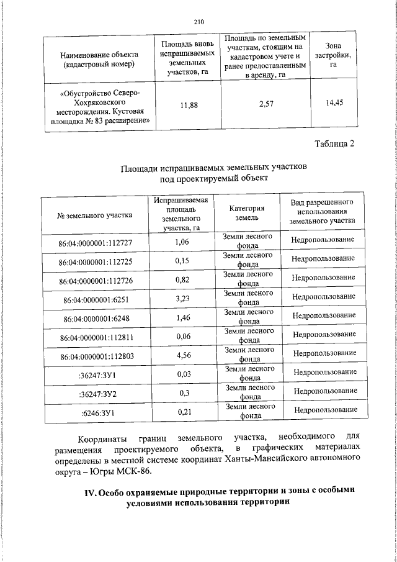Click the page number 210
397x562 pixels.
coord(198,22)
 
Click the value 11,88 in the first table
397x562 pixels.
coord(189,106)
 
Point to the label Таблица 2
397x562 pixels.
coord(334,144)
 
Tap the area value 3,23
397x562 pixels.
coord(182,298)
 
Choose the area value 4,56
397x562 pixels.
coord(182,355)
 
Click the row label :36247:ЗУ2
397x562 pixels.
coord(97,394)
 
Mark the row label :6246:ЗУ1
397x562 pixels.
coord(97,412)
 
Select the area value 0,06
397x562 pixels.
coord(182,336)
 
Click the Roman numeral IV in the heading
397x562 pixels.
coord(90,491)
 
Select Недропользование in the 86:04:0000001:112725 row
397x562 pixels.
coord(323,258)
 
